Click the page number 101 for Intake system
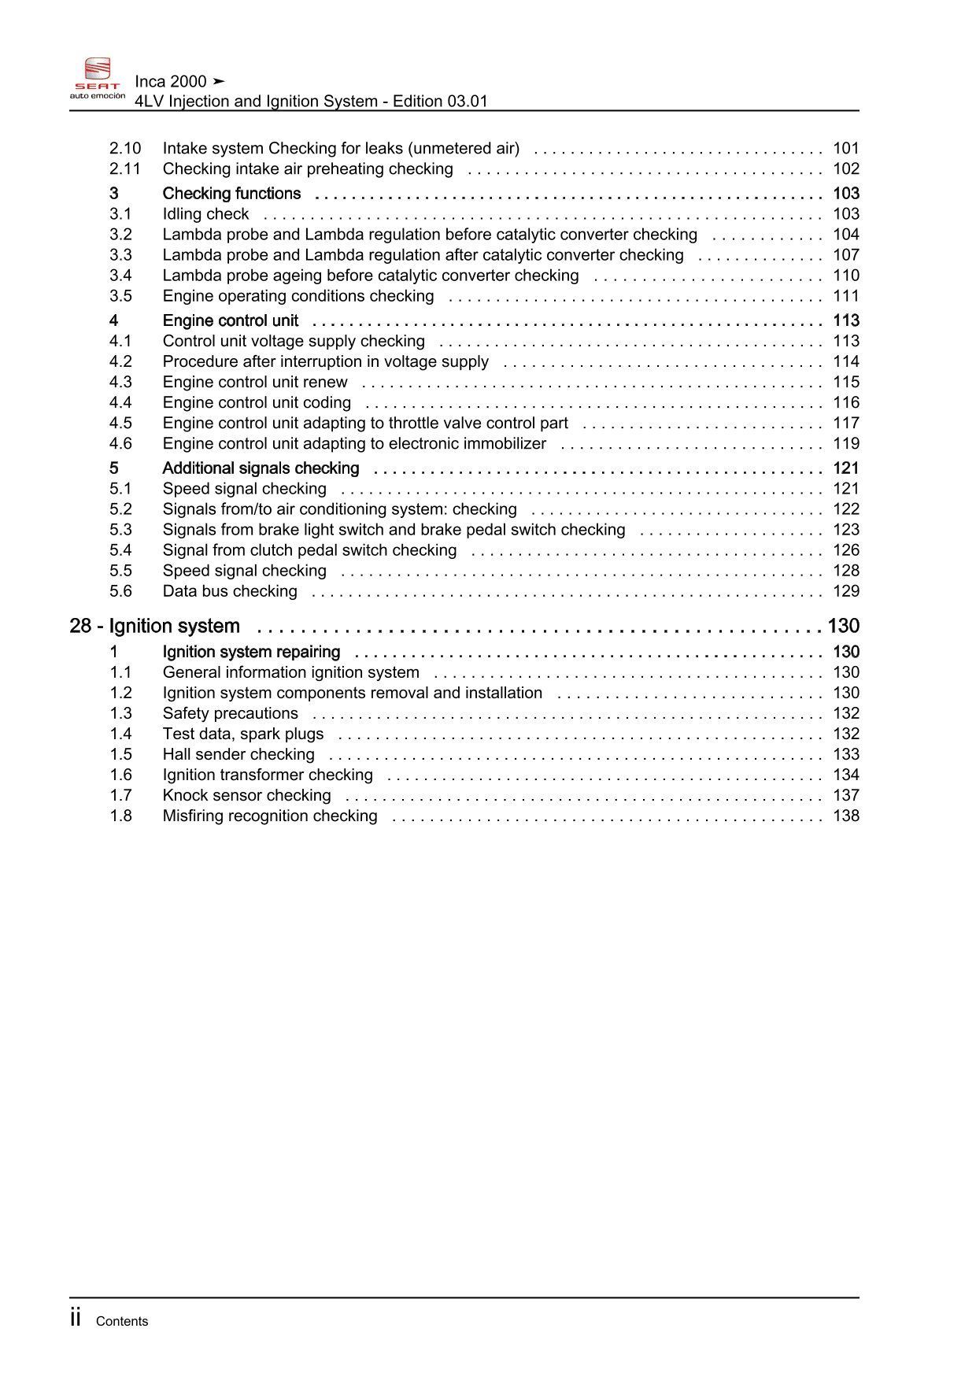(846, 148)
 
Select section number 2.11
(125, 168)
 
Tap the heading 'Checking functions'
(231, 194)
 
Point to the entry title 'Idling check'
(205, 214)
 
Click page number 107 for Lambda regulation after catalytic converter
(846, 255)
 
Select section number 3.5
(120, 296)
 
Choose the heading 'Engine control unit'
(231, 320)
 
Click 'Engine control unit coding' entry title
(257, 402)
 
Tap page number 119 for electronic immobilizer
(846, 443)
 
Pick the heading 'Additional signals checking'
(261, 468)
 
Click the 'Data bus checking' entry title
(230, 591)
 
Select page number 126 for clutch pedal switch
(846, 550)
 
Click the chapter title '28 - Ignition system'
(154, 626)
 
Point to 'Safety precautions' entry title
(230, 713)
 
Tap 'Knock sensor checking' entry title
(246, 795)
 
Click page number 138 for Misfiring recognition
(846, 816)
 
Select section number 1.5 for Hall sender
(120, 754)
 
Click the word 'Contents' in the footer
(122, 1321)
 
